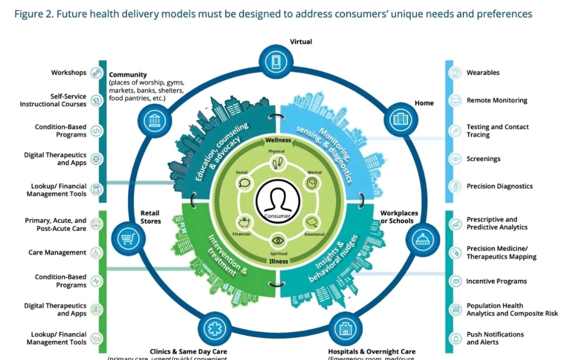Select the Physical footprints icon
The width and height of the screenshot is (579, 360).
[277, 162]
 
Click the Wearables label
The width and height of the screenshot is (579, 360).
[482, 72]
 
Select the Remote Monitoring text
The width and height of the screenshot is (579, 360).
[496, 100]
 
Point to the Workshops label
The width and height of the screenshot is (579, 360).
[69, 72]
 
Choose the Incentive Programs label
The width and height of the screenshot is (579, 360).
[496, 281]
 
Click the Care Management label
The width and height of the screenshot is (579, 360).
[57, 252]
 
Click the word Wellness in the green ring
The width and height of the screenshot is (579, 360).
[278, 141]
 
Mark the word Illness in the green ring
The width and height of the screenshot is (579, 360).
[278, 261]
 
